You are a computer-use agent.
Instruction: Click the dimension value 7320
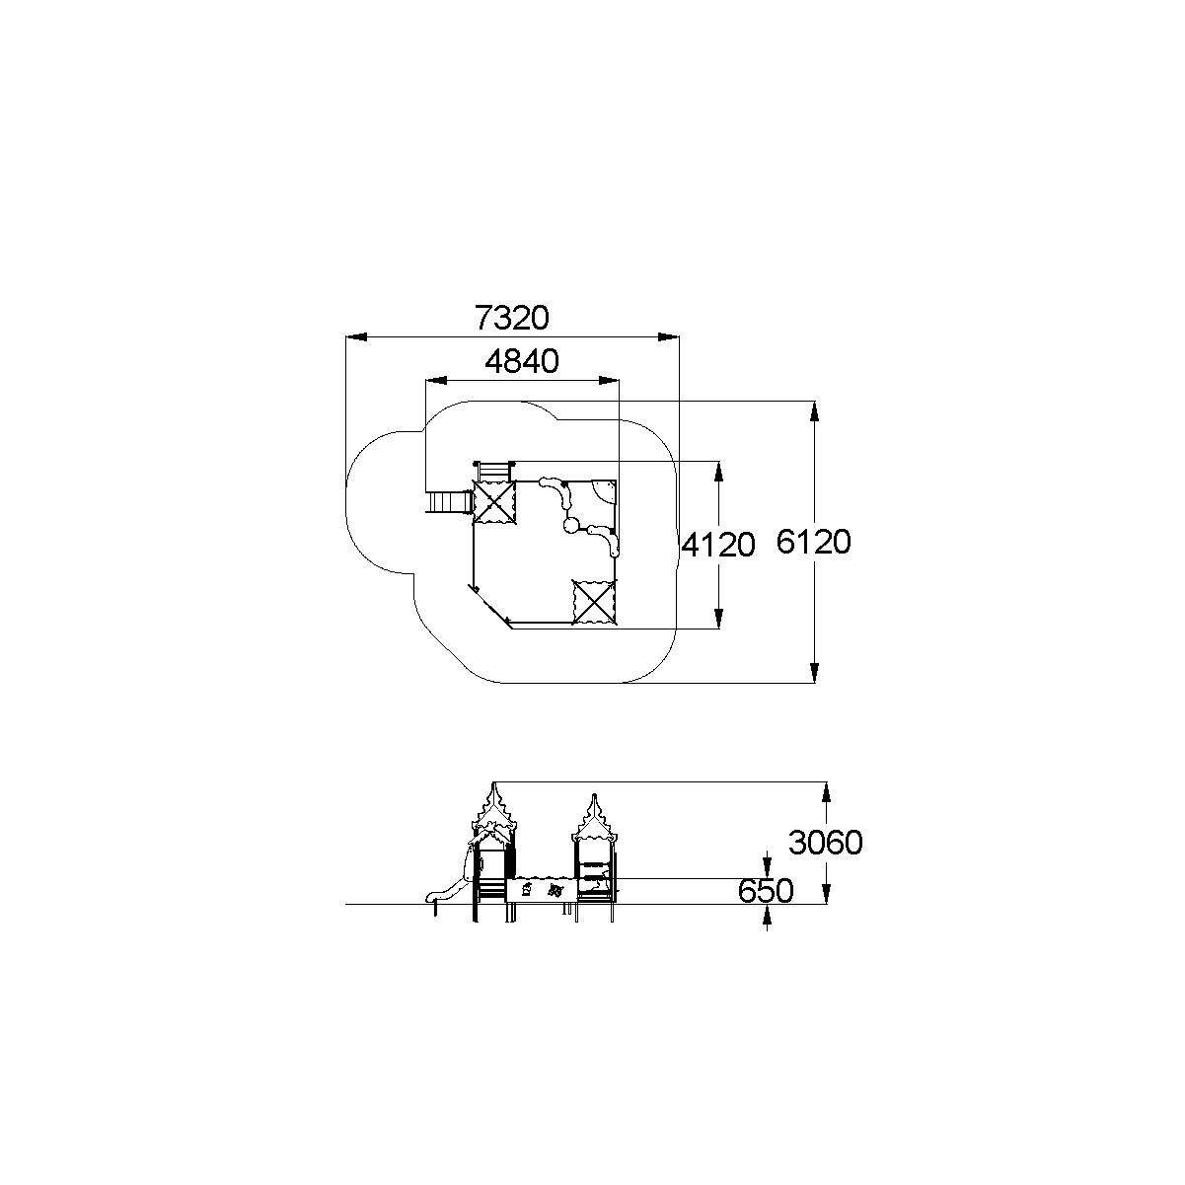click(x=512, y=318)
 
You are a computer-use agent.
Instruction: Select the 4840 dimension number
click(x=522, y=361)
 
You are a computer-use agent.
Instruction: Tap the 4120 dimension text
click(x=717, y=545)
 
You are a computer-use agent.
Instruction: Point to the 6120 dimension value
click(x=813, y=542)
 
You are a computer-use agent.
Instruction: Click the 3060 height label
click(x=825, y=843)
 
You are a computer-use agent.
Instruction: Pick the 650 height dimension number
click(x=766, y=890)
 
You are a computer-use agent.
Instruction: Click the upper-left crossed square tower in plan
click(x=494, y=502)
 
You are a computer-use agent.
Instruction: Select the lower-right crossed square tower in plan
click(x=594, y=603)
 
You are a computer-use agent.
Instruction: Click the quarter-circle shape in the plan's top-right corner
click(x=605, y=490)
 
